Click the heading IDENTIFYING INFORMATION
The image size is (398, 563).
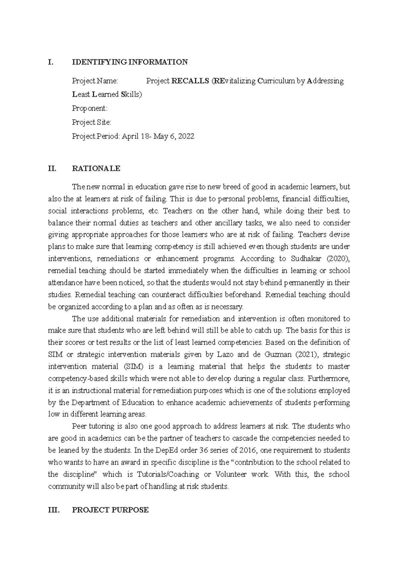[130, 62]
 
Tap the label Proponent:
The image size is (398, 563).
[90, 108]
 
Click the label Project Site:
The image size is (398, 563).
[92, 122]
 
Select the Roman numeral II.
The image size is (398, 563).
[52, 168]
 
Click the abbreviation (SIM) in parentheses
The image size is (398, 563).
[129, 366]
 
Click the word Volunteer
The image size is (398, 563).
[231, 474]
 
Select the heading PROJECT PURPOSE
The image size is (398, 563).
[110, 510]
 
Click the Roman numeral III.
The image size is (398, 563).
[54, 510]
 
